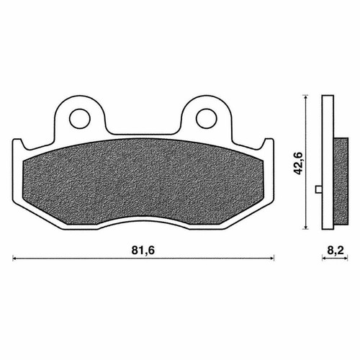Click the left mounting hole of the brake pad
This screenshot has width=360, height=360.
pyautogui.click(x=80, y=119)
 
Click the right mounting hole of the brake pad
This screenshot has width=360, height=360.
pyautogui.click(x=207, y=119)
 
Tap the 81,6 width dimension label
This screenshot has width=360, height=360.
pyautogui.click(x=143, y=251)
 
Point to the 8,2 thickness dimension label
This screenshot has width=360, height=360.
pyautogui.click(x=336, y=251)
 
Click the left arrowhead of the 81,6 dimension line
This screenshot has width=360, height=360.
pyautogui.click(x=14, y=258)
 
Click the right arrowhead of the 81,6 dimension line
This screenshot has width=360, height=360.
pyautogui.click(x=272, y=258)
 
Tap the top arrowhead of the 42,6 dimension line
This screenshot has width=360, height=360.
pyautogui.click(x=305, y=97)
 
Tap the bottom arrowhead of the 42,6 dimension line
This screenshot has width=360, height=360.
pyautogui.click(x=305, y=227)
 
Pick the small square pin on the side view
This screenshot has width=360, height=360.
pyautogui.click(x=318, y=189)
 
